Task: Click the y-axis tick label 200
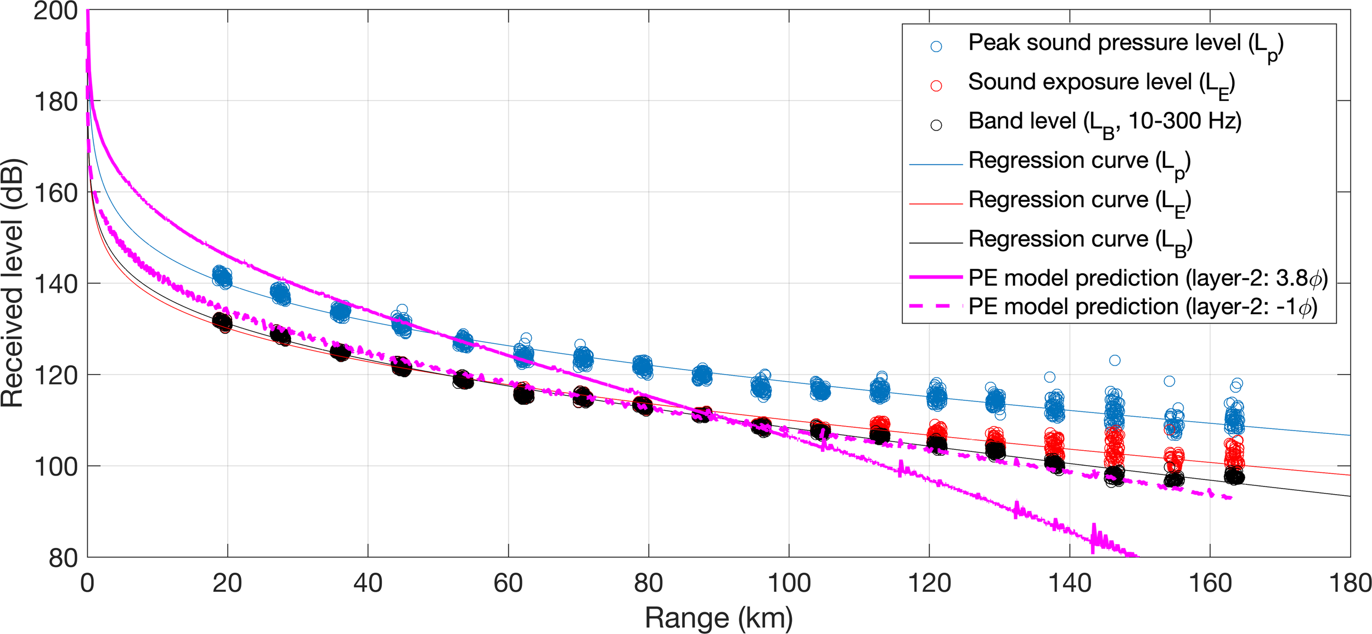tap(55, 11)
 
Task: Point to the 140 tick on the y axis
tap(55, 284)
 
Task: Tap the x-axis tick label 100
tap(789, 583)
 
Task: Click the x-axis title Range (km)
tap(718, 618)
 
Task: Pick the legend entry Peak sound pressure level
tap(1125, 44)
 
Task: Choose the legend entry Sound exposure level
tap(1100, 83)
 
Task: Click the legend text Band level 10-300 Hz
tap(1104, 122)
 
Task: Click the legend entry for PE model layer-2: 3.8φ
tap(1147, 279)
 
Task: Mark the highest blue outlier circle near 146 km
tap(1115, 360)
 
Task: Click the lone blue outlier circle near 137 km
tap(1049, 377)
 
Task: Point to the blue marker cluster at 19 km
tap(222, 277)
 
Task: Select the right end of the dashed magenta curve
tap(1232, 497)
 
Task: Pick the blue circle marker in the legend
tap(936, 47)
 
